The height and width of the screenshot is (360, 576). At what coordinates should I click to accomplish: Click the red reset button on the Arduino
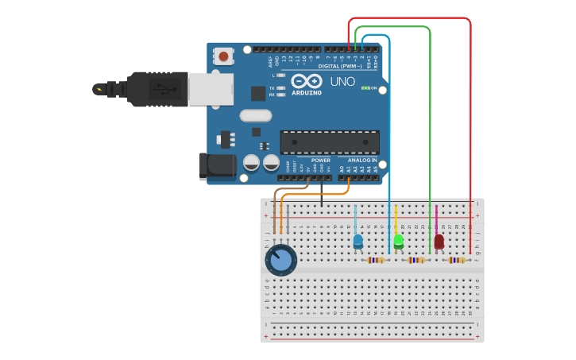[x=225, y=56]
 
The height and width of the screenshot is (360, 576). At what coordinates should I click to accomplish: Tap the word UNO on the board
[x=342, y=82]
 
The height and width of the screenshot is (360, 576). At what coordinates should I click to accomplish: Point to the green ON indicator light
[x=365, y=87]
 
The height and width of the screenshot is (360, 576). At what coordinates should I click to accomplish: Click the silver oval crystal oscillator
[x=256, y=115]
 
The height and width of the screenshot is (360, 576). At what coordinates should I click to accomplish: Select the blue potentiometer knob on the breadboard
[x=280, y=260]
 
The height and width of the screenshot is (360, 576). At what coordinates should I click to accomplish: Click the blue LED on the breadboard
[x=358, y=240]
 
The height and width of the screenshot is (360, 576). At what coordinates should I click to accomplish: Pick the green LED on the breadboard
[x=399, y=240]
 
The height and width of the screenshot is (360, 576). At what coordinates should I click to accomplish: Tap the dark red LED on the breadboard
[x=439, y=241]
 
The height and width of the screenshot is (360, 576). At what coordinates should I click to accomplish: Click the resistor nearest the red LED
[x=456, y=260]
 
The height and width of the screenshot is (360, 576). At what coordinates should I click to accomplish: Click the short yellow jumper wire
[x=396, y=218]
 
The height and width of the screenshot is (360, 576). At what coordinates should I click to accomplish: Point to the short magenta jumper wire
[x=436, y=218]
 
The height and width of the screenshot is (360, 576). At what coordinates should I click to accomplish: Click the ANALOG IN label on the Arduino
[x=361, y=161]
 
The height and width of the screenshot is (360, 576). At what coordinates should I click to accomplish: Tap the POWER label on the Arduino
[x=320, y=161]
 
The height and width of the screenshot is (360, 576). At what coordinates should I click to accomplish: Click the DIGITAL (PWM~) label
[x=338, y=66]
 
